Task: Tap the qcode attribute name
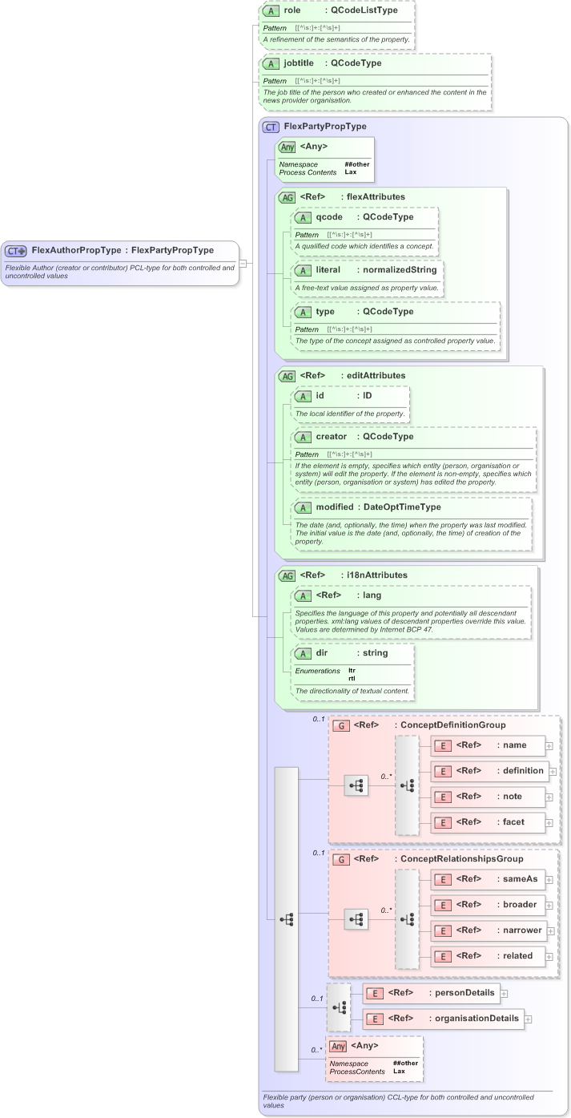tap(329, 216)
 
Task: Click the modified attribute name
tap(334, 507)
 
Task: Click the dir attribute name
tap(323, 653)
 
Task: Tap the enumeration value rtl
tap(352, 678)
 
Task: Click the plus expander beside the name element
tap(549, 745)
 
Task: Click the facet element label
tap(513, 822)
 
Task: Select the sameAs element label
tap(520, 879)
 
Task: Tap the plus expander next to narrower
tap(549, 930)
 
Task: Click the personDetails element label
tap(464, 993)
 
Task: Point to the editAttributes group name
tap(376, 375)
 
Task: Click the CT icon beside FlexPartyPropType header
tap(271, 127)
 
